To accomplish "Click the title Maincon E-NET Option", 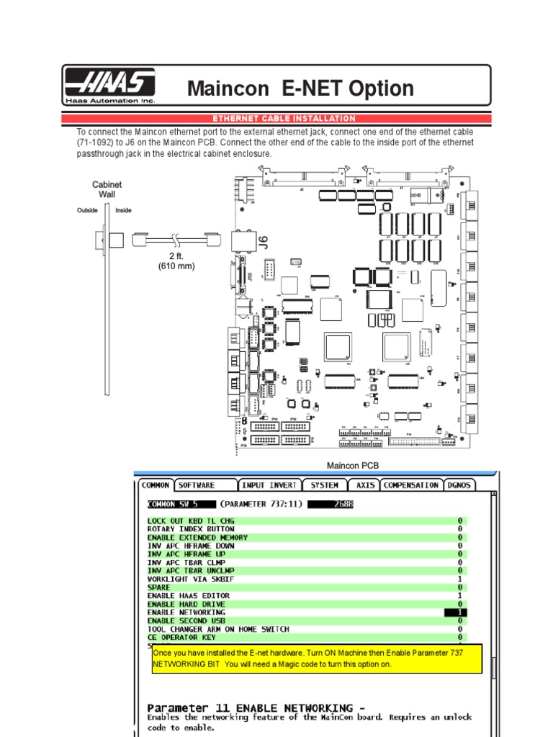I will (300, 89).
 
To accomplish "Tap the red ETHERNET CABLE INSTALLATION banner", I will (284, 118).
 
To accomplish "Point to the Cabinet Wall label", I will (107, 189).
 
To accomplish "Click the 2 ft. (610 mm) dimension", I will (176, 261).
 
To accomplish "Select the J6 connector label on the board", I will (263, 242).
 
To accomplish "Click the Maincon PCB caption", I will (353, 466).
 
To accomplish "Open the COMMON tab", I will (155, 485).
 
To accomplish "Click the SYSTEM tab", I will (324, 485).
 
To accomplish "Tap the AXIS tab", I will (365, 485).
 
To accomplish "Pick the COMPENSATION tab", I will (410, 485).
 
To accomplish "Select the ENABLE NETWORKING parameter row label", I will (186, 612).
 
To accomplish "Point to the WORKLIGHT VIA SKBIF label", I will (189, 579).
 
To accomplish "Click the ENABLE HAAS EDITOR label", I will (189, 595).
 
